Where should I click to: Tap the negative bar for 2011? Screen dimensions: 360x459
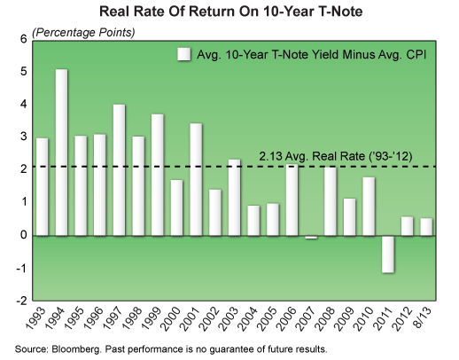(387, 254)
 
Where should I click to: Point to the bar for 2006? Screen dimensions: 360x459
(292, 200)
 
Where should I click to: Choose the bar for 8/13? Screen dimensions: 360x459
(426, 227)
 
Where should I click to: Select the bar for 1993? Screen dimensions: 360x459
(43, 187)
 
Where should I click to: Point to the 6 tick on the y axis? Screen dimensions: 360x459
(24, 40)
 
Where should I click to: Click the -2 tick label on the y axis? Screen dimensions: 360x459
(22, 300)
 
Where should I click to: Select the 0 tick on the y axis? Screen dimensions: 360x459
(24, 235)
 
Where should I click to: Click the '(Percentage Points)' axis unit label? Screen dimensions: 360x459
(84, 33)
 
